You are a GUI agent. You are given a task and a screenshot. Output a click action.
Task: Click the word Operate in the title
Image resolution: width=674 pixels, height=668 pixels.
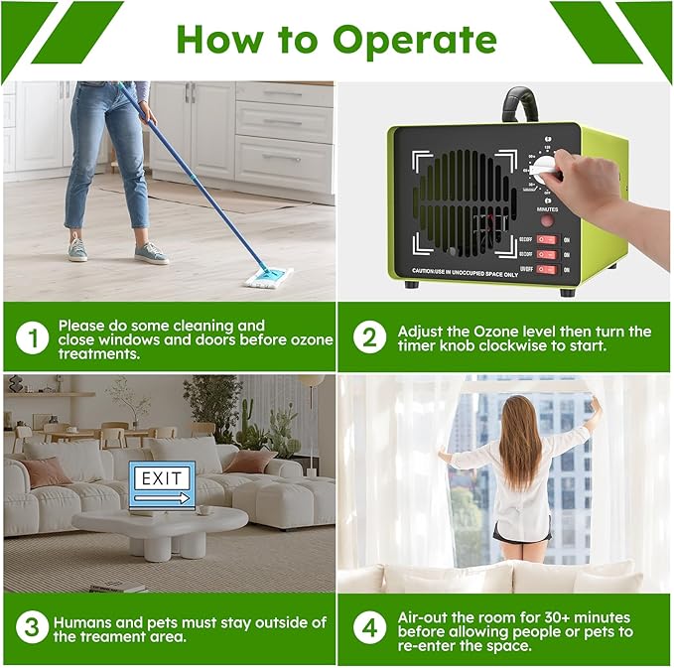tap(414, 40)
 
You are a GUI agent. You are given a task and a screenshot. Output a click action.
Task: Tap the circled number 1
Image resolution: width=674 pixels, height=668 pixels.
tap(33, 338)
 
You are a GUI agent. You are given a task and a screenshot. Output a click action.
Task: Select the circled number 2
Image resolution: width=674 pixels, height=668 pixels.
tap(369, 338)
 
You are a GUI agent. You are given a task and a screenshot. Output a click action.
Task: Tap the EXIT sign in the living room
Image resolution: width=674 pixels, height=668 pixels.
tap(161, 480)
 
